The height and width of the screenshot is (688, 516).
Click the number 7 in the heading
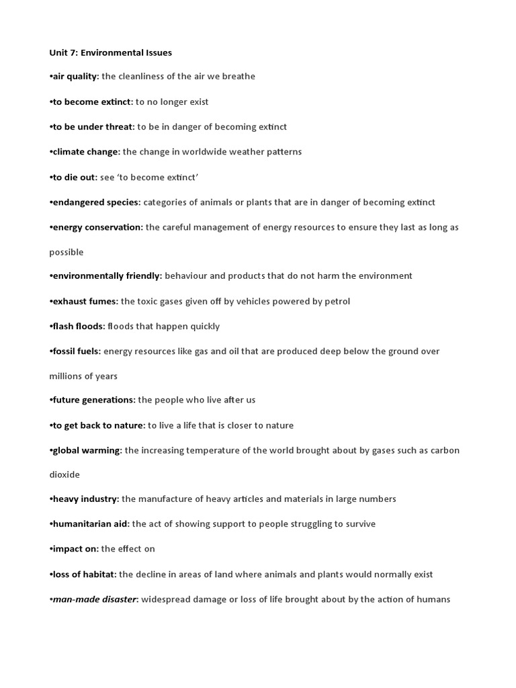click(73, 52)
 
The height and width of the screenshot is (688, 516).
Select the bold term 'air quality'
click(75, 77)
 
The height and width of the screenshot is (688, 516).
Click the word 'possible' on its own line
click(67, 253)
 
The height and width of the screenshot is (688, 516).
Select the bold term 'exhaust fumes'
click(85, 301)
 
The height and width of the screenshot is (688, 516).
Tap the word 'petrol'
click(335, 301)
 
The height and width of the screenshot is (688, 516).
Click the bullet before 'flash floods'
click(51, 327)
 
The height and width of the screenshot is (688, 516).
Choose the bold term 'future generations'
click(93, 400)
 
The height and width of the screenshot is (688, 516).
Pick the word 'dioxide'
click(64, 475)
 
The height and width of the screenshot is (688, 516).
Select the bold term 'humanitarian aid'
click(91, 524)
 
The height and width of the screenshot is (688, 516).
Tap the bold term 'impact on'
click(75, 549)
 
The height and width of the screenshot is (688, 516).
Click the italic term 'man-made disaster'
click(95, 599)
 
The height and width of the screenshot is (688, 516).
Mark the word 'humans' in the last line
click(433, 599)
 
